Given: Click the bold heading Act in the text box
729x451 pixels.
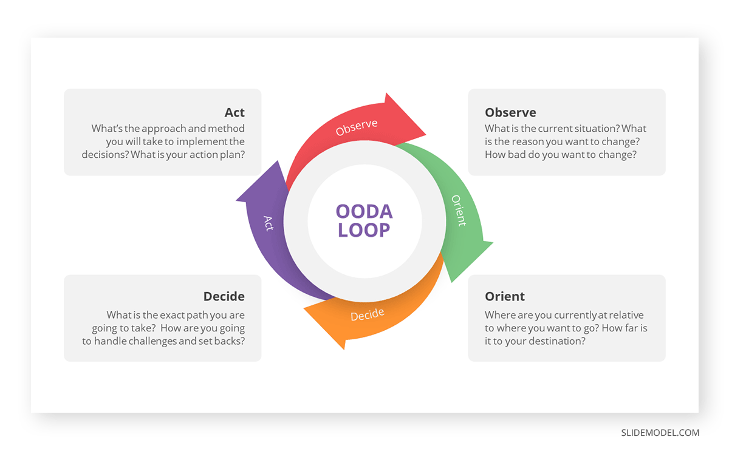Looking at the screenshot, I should point(234,112).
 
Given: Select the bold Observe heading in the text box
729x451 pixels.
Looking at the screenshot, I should point(510,112).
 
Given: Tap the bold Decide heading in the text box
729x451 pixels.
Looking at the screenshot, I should point(224,296).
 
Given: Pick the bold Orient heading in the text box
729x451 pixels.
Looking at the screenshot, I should point(504,296).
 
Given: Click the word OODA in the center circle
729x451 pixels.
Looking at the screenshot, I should point(364,212).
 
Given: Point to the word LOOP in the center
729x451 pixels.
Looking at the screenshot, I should point(364,230).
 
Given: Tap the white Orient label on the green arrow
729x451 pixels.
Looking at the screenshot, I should point(459,210).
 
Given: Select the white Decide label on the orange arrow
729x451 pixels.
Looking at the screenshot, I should point(368,314).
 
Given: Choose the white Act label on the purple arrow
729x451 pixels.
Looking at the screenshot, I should point(269,223).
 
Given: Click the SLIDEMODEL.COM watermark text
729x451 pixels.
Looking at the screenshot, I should point(660,433).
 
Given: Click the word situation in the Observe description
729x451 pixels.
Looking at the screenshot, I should point(590,129).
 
